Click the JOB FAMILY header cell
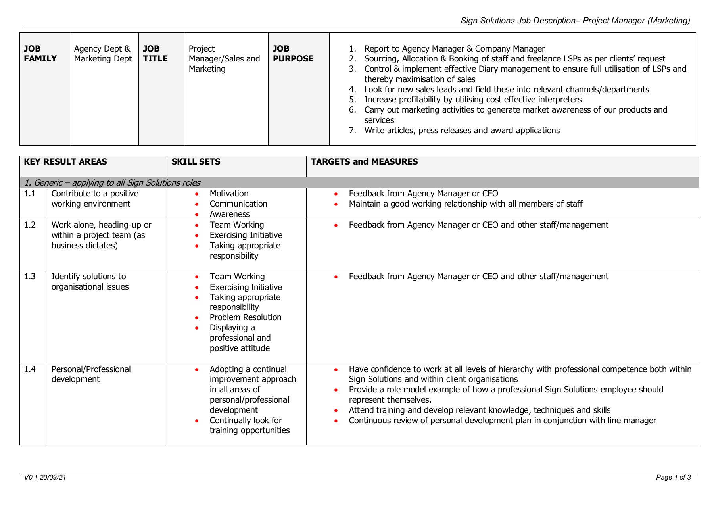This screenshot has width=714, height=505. click(40, 54)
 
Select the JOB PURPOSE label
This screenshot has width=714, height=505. click(293, 54)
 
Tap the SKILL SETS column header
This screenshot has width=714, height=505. click(196, 162)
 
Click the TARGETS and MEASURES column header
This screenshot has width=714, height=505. click(364, 162)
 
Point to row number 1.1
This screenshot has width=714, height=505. click(30, 194)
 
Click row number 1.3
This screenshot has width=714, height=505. click(30, 277)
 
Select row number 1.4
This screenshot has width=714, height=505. click(30, 369)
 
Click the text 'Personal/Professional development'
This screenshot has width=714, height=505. click(91, 374)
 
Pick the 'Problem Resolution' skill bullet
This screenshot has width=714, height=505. click(246, 317)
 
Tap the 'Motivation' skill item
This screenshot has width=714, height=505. click(229, 194)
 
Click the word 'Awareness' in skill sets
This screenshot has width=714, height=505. click(230, 214)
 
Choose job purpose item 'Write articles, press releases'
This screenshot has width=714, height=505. click(462, 131)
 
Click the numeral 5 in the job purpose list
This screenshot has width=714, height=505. click(352, 100)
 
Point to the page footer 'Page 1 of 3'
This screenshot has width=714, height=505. click(673, 478)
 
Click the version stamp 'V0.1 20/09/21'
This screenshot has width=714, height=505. click(45, 478)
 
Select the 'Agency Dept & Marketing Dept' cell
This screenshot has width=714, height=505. click(103, 54)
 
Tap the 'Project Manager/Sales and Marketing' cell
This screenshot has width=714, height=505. click(224, 59)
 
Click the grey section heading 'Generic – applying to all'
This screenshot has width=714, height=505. click(112, 183)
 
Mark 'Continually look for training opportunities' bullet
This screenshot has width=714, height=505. click(250, 425)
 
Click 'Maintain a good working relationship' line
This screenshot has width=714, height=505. click(465, 204)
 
